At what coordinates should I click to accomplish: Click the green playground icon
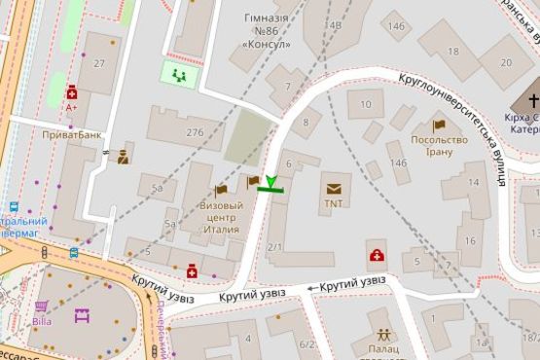click(178, 74)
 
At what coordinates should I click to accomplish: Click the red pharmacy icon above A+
click(72, 92)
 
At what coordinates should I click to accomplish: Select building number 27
click(98, 62)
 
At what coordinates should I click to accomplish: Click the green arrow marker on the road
click(270, 183)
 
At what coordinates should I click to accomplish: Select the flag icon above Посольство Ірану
click(439, 126)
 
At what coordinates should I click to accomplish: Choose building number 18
click(452, 51)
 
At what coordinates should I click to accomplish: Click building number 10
click(366, 102)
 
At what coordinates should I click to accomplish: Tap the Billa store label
click(41, 320)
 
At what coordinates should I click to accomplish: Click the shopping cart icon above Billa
click(41, 306)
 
